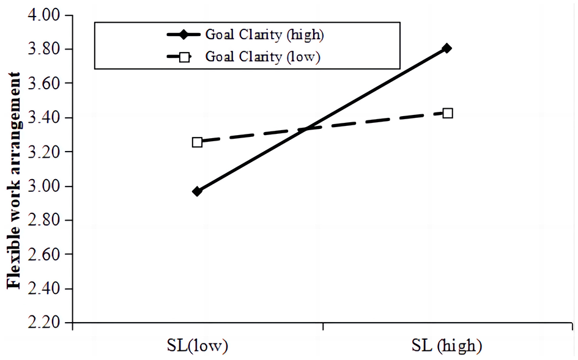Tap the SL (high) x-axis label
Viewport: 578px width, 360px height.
coord(447,346)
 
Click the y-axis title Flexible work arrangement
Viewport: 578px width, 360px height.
coord(13,181)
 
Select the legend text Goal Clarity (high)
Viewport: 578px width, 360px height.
coord(264,34)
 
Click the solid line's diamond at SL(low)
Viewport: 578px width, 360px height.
coord(197,191)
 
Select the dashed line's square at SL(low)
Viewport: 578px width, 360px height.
coord(197,142)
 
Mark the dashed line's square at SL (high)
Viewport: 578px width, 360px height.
coord(447,113)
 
